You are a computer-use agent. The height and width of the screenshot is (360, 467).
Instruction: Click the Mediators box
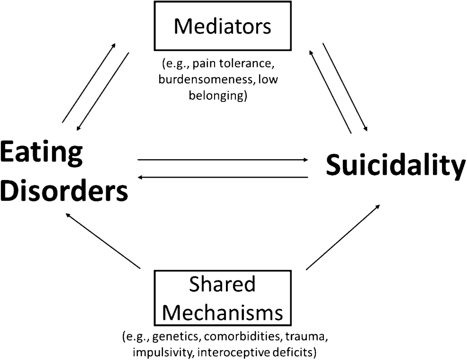pos(222,27)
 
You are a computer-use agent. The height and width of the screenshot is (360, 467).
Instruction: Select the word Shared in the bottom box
pos(222,285)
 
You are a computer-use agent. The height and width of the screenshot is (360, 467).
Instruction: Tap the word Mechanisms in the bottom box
pos(222,313)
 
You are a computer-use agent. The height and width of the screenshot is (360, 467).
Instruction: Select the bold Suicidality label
pos(395,167)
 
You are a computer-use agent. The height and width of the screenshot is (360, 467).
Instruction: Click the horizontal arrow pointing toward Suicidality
pos(223,160)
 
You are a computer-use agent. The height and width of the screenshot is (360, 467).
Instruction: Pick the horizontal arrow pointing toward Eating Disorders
pos(223,177)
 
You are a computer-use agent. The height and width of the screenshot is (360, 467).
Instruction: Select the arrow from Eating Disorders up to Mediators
pos(89,82)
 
